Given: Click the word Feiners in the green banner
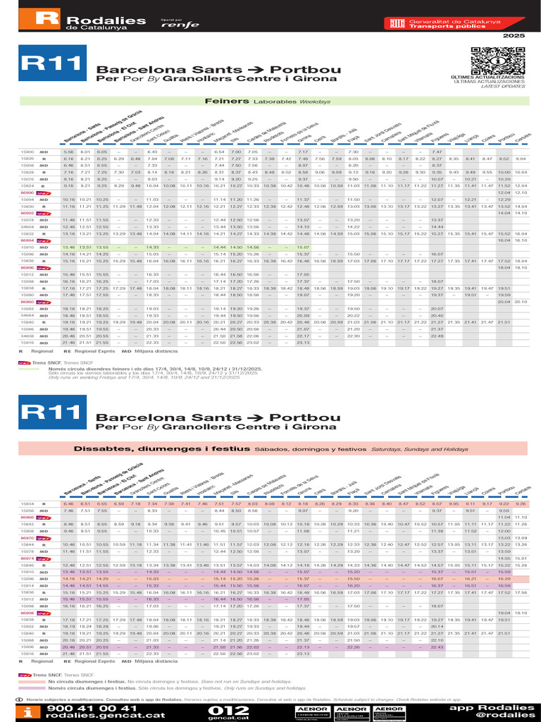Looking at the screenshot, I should [x=222, y=101].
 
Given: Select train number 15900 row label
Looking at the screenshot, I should [x=26, y=152].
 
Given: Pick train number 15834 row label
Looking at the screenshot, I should [x=26, y=504].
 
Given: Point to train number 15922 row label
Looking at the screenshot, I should [x=26, y=626].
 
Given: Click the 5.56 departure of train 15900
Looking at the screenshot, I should [x=68, y=152].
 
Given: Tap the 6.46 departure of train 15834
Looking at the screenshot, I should [x=68, y=504].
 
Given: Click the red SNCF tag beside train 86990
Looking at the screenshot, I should [x=44, y=192].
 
